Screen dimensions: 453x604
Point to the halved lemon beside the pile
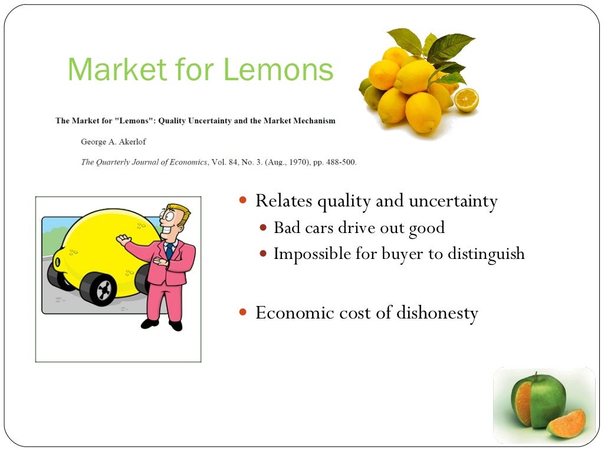point(466,100)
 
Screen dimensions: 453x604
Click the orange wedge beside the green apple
point(566,424)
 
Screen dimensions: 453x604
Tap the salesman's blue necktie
point(169,250)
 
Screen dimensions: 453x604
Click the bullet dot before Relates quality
point(243,201)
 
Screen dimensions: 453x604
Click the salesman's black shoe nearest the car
point(150,322)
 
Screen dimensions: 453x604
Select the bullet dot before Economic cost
point(243,313)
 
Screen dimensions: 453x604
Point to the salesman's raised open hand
point(123,239)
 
